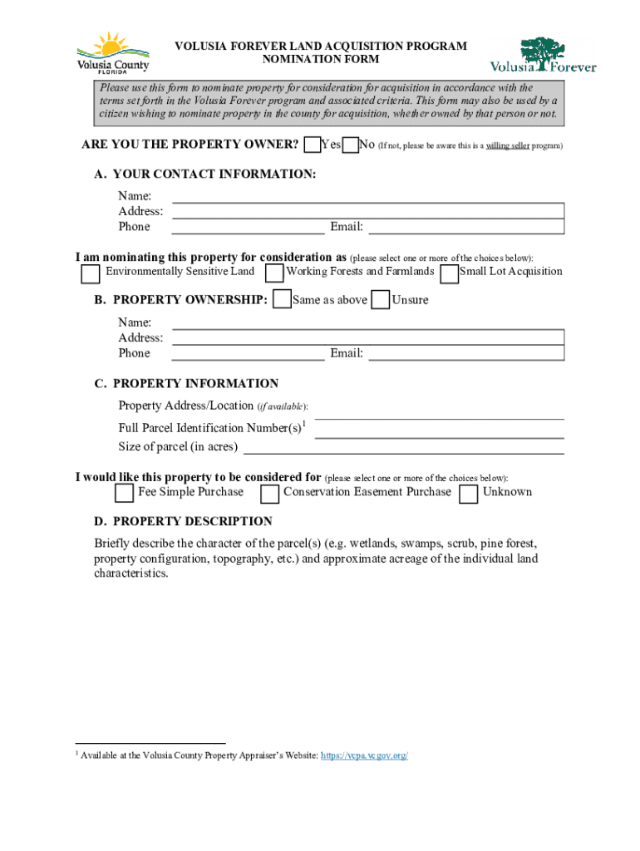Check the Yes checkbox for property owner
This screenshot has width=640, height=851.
coord(313,145)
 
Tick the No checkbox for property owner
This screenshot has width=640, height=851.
coord(351,145)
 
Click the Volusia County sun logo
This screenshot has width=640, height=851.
coord(113,54)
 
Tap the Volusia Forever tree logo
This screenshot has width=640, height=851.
coord(543,54)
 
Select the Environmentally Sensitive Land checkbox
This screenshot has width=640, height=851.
coord(90,273)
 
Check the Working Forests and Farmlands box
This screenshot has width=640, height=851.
coord(273,273)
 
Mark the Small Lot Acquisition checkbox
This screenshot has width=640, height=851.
coord(449,273)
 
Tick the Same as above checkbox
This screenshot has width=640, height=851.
coord(283,299)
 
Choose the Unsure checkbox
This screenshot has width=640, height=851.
coord(381,299)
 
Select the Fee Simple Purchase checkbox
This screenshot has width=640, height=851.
coord(124,494)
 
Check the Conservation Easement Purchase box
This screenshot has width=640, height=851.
coord(269,494)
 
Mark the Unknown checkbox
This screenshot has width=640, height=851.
coord(469,494)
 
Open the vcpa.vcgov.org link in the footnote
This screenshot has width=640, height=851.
coord(365,755)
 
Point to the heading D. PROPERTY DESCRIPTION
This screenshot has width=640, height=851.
coord(183,522)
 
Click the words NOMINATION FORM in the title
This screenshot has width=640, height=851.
coord(320,60)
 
